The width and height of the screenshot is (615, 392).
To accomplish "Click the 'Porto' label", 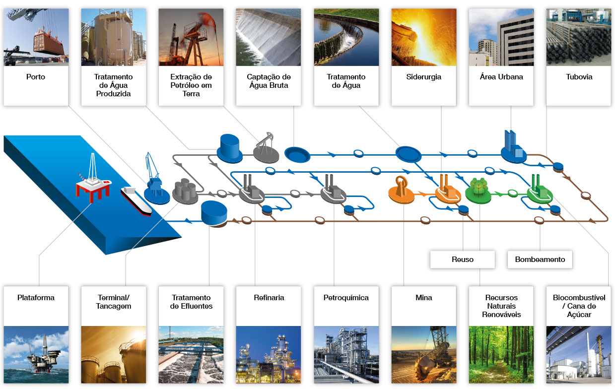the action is (x=36, y=77).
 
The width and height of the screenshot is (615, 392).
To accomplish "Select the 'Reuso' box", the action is (x=463, y=260).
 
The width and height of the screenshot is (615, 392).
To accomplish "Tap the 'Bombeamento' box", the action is (x=540, y=260).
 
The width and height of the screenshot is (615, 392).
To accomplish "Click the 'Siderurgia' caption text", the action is (x=423, y=77).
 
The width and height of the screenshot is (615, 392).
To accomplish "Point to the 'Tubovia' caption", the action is (x=579, y=77).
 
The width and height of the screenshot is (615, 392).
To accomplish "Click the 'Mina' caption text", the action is (x=423, y=298).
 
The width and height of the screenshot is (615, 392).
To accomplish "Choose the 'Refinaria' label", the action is (x=269, y=298).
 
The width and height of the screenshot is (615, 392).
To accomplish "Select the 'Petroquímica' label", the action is (x=346, y=298).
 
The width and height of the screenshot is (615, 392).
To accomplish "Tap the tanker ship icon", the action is (x=136, y=201).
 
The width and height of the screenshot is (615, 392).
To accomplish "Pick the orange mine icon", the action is (x=401, y=190).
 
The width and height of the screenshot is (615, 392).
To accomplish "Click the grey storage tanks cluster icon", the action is (x=185, y=191).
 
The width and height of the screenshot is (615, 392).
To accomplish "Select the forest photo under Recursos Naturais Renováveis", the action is (x=501, y=355).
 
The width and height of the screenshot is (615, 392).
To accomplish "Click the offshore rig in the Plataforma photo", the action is (x=43, y=354).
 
